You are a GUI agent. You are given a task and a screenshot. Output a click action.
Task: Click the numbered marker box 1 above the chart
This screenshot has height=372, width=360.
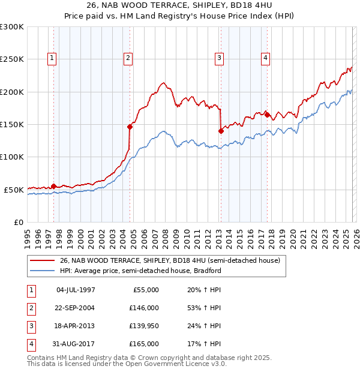pyautogui.click(x=53, y=58)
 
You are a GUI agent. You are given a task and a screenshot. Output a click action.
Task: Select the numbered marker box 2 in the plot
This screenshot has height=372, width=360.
pyautogui.click(x=128, y=58)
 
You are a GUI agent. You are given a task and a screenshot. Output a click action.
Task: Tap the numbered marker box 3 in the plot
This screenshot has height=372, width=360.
pyautogui.click(x=220, y=58)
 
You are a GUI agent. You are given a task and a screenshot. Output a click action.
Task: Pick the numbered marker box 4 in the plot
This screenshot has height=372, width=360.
pyautogui.click(x=265, y=58)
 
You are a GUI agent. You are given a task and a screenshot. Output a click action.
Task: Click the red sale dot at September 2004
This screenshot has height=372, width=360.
pyautogui.click(x=130, y=127)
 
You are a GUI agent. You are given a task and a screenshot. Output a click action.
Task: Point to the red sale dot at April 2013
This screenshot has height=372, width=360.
pyautogui.click(x=220, y=131)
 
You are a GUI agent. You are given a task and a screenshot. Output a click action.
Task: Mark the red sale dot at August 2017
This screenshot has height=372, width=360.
pyautogui.click(x=268, y=115)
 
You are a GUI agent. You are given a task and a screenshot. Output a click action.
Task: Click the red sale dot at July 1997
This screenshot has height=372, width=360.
pyautogui.click(x=53, y=186)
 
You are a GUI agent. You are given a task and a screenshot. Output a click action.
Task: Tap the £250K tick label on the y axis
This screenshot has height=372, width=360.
pyautogui.click(x=12, y=59)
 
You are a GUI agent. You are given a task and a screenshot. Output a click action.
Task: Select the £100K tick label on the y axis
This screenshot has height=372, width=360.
pyautogui.click(x=12, y=157)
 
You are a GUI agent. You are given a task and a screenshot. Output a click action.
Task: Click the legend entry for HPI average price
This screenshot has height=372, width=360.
pyautogui.click(x=140, y=271)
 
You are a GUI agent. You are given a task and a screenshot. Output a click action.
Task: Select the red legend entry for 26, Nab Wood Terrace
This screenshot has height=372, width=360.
pyautogui.click(x=170, y=260)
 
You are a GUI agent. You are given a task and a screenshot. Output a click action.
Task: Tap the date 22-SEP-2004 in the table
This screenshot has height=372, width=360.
pyautogui.click(x=76, y=308)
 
